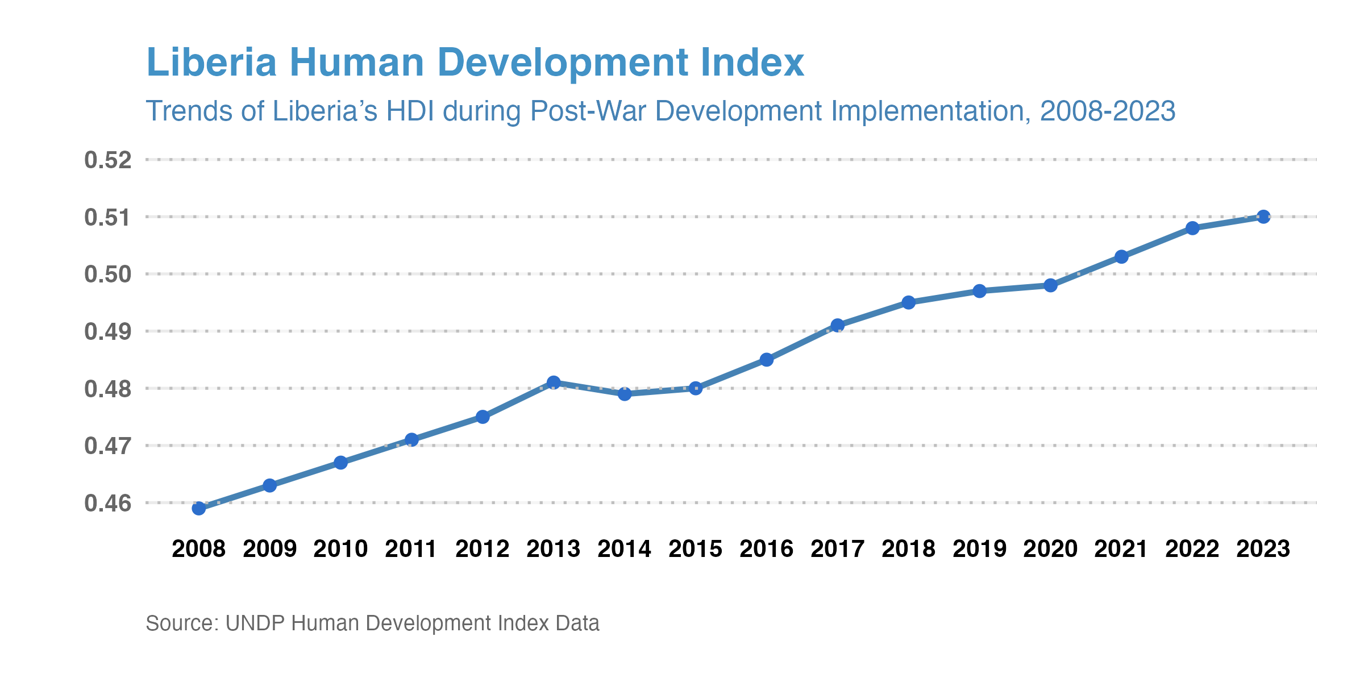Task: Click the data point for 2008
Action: [x=199, y=508]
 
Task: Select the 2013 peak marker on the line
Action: [x=554, y=382]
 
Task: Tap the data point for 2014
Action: [x=625, y=394]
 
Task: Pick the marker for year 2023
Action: [x=1263, y=217]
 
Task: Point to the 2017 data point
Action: [x=838, y=326]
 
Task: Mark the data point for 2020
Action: [x=1051, y=285]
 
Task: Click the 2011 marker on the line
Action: [x=411, y=440]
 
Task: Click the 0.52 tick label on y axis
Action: [x=108, y=160]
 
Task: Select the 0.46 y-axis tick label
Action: [x=108, y=504]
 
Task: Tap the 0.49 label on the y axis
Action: [x=108, y=332]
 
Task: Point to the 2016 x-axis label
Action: [x=766, y=549]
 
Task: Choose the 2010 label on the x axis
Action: [x=340, y=549]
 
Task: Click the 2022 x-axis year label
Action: [x=1192, y=549]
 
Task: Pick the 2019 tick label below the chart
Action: [x=979, y=549]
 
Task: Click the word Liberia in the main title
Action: [x=211, y=63]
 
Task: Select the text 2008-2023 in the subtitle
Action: [x=1107, y=111]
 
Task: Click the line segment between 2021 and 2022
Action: [x=1157, y=243]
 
